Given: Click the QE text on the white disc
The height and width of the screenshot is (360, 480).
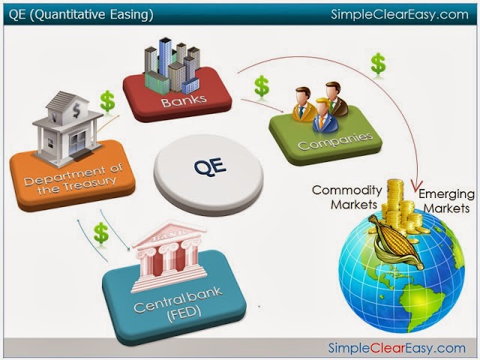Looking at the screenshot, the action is pos(210,167).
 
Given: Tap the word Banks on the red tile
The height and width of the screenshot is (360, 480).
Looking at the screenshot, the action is pos(184,100).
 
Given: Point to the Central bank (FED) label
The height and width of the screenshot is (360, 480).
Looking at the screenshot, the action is pos(178,304).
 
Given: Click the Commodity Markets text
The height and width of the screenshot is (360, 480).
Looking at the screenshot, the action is pos(346,197).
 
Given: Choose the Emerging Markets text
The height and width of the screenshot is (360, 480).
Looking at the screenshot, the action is pos(447,201).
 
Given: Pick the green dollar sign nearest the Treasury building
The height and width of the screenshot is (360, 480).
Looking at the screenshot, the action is pos(107,101).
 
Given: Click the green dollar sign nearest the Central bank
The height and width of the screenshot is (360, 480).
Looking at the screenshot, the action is pos(101,233).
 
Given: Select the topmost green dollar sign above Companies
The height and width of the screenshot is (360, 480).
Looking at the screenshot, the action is pos(378,64).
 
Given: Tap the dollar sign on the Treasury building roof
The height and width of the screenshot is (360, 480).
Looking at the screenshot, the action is pos(76,109).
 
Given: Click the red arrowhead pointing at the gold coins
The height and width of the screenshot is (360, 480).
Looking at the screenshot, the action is pos(415,187).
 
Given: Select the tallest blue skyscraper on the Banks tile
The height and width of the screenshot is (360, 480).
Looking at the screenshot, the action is pos(165,57).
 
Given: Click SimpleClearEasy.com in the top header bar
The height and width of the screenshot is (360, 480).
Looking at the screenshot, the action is pos(400,14).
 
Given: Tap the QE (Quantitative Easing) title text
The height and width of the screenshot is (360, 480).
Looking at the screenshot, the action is pos(81,15).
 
